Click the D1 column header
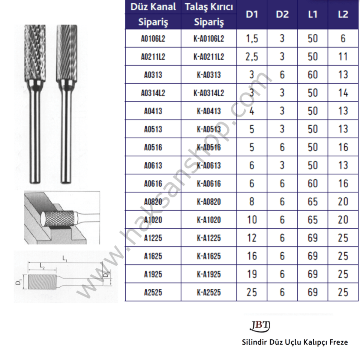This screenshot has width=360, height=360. click(x=252, y=14)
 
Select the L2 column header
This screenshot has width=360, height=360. click(x=343, y=14)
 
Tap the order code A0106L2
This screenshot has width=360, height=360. click(x=153, y=39)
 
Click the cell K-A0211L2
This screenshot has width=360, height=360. click(x=209, y=57)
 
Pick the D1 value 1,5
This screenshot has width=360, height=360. click(x=252, y=39)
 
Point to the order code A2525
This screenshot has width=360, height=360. click(x=153, y=292)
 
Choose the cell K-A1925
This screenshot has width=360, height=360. click(x=209, y=274)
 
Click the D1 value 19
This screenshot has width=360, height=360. click(x=252, y=274)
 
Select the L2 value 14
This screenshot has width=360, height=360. click(x=343, y=93)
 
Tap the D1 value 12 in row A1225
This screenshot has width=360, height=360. click(x=252, y=238)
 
